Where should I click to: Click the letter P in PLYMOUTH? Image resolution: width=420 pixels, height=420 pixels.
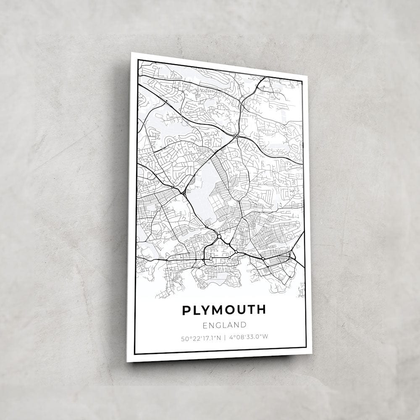click(x=186, y=310)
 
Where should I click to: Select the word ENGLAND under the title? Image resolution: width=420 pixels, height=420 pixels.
click(x=224, y=325)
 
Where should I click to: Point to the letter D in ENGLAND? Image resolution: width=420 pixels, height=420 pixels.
click(x=243, y=325)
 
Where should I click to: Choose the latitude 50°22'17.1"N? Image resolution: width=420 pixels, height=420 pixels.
click(x=201, y=337)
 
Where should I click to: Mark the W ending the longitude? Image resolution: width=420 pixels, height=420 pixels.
click(x=266, y=336)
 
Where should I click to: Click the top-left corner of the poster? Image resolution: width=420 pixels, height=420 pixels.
click(x=132, y=53)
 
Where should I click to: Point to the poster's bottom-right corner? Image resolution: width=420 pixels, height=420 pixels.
click(x=312, y=354)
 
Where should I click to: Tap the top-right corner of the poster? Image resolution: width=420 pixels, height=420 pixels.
click(x=307, y=76)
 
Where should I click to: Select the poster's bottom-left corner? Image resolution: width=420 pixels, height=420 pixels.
click(x=127, y=362)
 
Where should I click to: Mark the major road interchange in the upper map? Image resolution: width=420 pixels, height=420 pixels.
click(x=236, y=136)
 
